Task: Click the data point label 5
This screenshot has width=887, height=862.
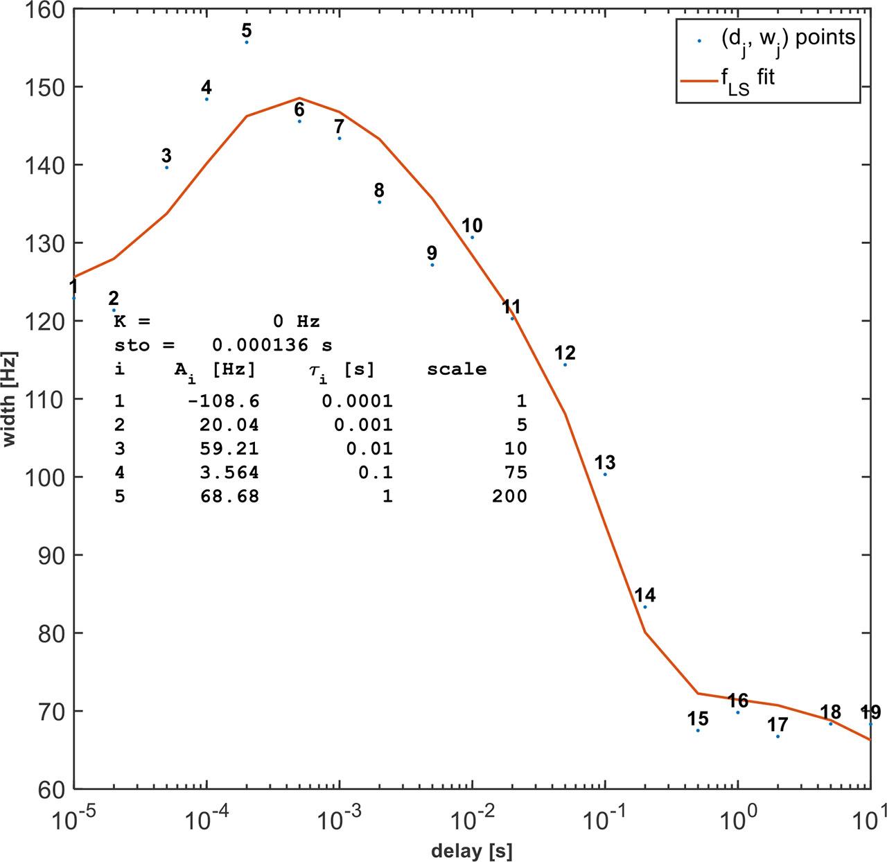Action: [247, 30]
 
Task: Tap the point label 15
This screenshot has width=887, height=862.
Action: [698, 719]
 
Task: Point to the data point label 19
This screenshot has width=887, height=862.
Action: [870, 712]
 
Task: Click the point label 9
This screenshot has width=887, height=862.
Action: [432, 253]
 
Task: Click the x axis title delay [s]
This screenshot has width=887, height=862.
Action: [471, 850]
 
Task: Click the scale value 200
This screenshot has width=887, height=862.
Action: [509, 496]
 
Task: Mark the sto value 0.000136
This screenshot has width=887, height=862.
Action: [261, 345]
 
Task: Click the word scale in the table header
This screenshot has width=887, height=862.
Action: [457, 369]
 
